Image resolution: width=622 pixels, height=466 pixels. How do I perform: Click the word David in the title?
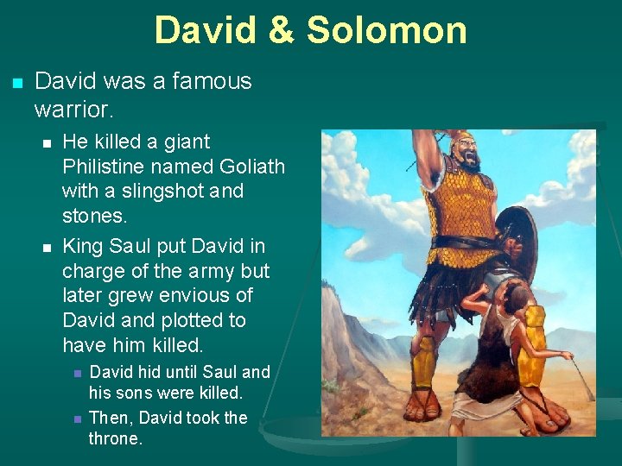tap(206, 29)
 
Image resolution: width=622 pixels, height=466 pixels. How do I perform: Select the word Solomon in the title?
tap(386, 29)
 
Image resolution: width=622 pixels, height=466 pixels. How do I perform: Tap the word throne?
tap(115, 438)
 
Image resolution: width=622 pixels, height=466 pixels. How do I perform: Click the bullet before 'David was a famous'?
tap(16, 83)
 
